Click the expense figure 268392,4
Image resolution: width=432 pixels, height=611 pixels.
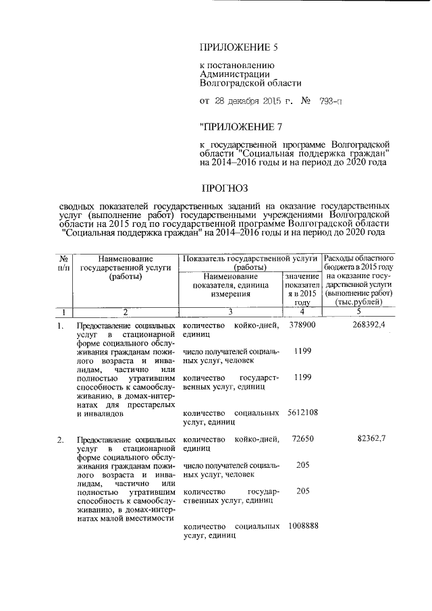click(369, 325)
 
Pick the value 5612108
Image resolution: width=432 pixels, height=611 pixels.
click(302, 412)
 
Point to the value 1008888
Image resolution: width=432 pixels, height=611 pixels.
click(302, 526)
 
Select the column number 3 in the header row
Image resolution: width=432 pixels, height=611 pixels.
click(229, 311)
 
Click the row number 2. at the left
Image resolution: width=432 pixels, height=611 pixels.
click(61, 440)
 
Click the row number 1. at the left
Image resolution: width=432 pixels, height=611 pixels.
click(61, 326)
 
